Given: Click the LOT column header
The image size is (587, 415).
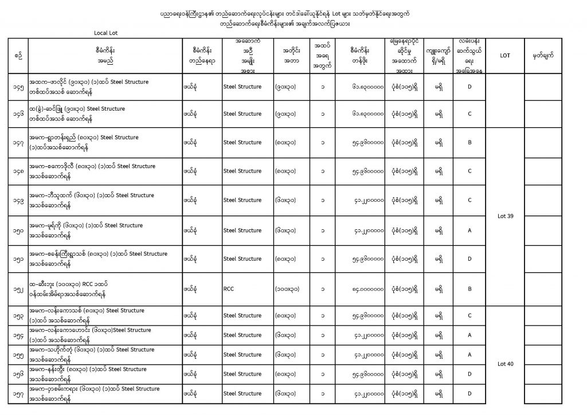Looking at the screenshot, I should point(505,56).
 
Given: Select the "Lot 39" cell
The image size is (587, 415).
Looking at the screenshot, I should point(505,216).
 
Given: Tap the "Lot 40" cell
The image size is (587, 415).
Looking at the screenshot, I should point(505,363).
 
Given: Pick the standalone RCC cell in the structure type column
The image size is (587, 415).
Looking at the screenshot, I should point(229,289).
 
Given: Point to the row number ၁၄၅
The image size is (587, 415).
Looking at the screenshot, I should point(18,87).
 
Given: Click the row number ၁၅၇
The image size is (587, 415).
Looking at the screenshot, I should point(18,394).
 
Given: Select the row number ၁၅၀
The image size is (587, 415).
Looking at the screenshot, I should point(18,230).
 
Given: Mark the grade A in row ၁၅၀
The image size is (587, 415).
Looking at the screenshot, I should point(469,230).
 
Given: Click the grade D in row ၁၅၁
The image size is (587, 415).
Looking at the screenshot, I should point(469,259).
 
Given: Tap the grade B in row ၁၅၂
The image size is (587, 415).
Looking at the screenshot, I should point(469,289).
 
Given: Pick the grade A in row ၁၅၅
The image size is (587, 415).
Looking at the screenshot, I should point(469,355).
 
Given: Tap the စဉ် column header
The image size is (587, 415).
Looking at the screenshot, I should point(18,55).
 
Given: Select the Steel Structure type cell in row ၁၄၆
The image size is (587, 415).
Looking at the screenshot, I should point(242,113).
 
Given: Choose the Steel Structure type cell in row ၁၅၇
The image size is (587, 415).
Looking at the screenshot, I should point(242,394).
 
